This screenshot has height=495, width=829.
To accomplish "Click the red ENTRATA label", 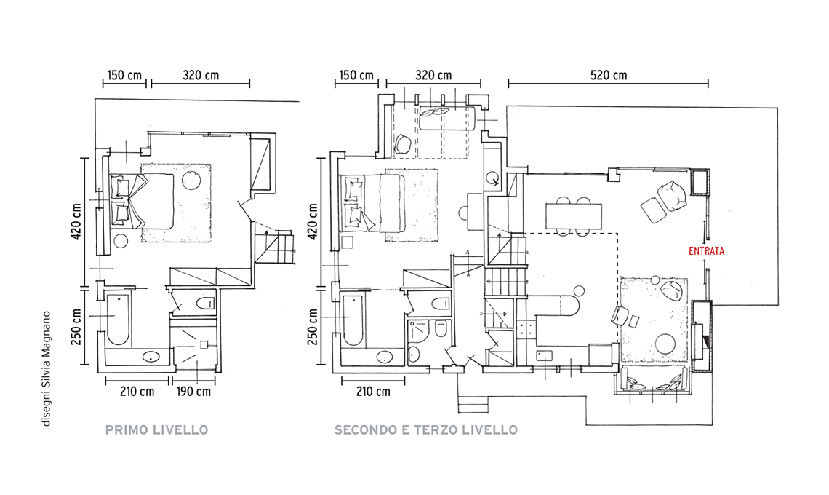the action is pos(706,251).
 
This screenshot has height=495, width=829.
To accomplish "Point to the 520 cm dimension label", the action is pos(609,75).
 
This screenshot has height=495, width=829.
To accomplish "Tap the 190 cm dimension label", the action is pos(193,392).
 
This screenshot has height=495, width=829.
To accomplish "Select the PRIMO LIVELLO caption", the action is pos(156,430).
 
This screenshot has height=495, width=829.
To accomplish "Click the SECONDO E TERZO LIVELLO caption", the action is pos(426,430).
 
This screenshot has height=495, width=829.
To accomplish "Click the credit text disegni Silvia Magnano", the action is pos(47,368).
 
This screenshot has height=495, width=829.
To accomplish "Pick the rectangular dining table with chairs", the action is pos(574,216).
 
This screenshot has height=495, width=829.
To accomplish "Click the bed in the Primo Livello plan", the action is pos(142,201).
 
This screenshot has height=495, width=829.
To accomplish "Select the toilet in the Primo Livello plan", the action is pos(205,304).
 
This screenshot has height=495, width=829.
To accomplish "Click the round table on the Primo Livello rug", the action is pos(191,181).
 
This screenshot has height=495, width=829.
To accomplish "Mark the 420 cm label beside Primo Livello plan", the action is pos(76,221).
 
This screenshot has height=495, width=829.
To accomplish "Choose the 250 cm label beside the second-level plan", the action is pos(313,327).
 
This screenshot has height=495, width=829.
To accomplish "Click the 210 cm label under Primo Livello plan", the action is pos(137,392).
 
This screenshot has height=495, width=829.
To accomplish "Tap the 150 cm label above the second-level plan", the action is pos(356,75).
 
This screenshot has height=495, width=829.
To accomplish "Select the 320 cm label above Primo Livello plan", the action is pos(201,75).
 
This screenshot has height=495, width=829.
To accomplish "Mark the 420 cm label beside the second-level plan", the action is pos(313,221).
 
